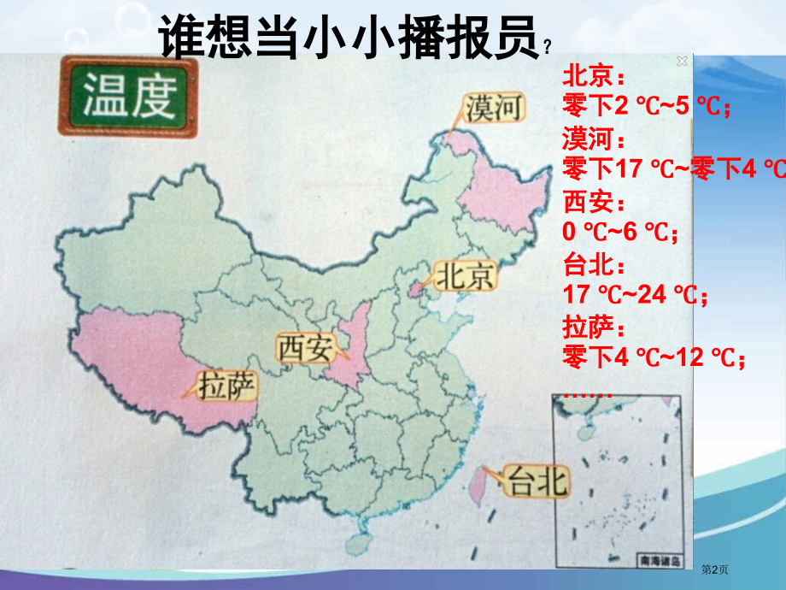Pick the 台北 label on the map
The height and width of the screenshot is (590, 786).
click(x=537, y=483)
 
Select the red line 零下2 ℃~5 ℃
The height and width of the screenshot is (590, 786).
click(x=647, y=106)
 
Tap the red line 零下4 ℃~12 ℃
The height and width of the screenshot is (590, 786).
click(x=653, y=357)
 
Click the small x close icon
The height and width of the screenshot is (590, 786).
click(x=682, y=61)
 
